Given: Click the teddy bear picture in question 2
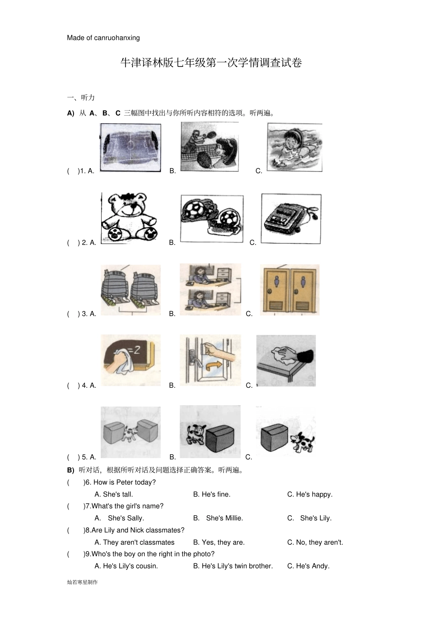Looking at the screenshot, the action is point(129,217).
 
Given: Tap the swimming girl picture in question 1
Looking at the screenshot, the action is point(295,147).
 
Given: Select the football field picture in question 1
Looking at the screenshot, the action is point(131,148).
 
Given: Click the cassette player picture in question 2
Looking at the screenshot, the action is point(291,219).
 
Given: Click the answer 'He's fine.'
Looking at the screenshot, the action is point(212,494).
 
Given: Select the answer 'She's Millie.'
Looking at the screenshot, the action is point(218,518).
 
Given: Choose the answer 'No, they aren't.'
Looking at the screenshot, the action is point(315,542).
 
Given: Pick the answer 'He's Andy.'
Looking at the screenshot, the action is point(308,566).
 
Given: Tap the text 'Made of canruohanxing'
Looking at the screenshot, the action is point(103,37).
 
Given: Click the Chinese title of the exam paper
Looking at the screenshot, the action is point(211,62).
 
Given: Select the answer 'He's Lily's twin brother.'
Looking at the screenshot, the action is point(233,566).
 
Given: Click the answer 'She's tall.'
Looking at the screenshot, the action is point(114,494).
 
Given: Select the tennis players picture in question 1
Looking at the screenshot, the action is point(209,147).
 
